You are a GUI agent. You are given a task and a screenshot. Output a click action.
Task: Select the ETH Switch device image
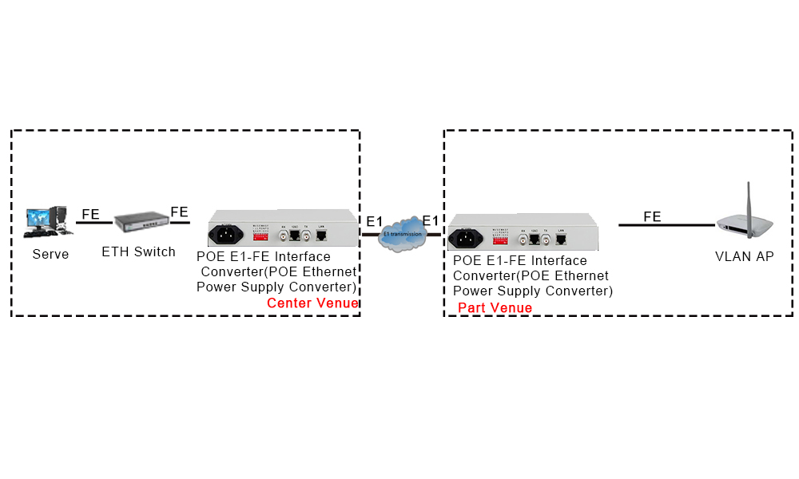[x=143, y=223]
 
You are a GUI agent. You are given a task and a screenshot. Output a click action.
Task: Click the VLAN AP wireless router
[x=744, y=226]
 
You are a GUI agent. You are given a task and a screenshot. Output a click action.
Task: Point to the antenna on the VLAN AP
[x=750, y=200]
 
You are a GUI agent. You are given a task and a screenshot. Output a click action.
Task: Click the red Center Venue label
[x=312, y=303]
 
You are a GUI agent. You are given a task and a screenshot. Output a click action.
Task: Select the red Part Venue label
[x=495, y=307]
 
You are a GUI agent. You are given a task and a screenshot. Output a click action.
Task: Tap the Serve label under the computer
[x=50, y=255]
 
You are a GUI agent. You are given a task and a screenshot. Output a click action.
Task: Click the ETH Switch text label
[x=138, y=252]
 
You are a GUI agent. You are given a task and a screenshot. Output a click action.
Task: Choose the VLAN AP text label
[x=745, y=257]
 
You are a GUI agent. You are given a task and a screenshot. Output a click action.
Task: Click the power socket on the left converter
[x=226, y=235]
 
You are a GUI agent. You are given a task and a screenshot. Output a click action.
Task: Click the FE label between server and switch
[x=90, y=215]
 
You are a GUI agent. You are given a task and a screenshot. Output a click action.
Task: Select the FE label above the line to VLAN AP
[x=652, y=216]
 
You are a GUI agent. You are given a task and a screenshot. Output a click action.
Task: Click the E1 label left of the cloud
[x=375, y=221]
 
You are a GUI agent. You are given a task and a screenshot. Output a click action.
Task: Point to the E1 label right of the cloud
[x=430, y=221]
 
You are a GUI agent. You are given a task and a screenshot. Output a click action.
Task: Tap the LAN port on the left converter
[x=321, y=236]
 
